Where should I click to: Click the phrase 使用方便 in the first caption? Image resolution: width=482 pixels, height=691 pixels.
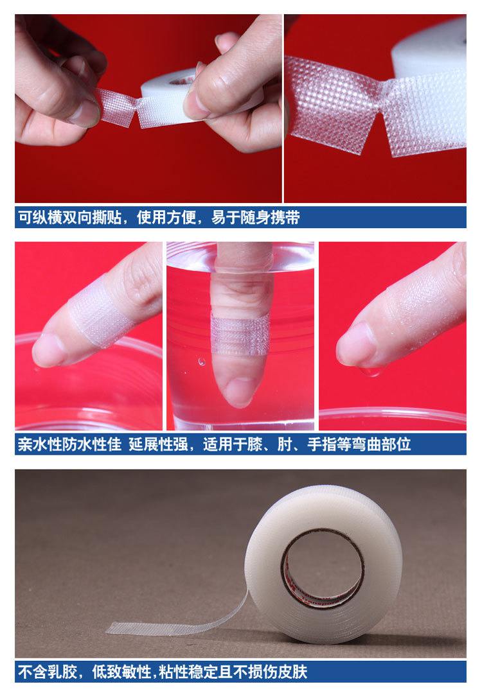pyautogui.click(x=170, y=218)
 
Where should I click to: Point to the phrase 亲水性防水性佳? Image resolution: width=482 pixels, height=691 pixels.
pyautogui.click(x=69, y=444)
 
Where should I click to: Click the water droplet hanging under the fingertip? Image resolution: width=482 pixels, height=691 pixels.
pyautogui.click(x=368, y=371)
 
